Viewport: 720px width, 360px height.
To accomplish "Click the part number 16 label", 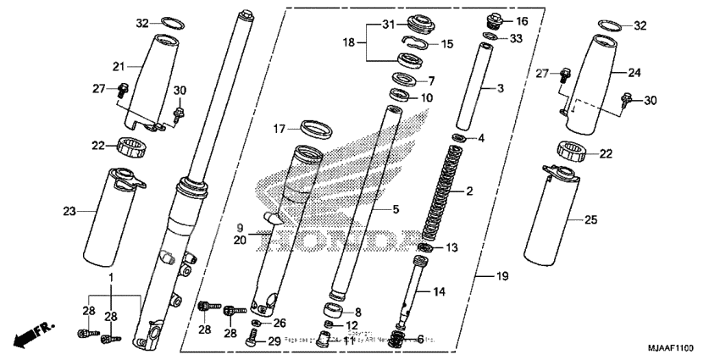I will (x=521, y=20).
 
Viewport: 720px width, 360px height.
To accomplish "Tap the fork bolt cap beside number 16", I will (x=496, y=19).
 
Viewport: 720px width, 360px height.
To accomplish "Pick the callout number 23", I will (x=69, y=213).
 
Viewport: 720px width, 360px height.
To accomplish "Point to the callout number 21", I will (x=119, y=66).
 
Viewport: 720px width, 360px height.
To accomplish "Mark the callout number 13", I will (x=451, y=247).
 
